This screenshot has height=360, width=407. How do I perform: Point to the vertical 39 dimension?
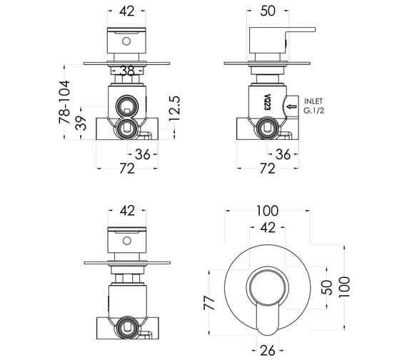coord(84,123)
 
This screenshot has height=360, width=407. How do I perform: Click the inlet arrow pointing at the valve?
coord(291,106)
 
